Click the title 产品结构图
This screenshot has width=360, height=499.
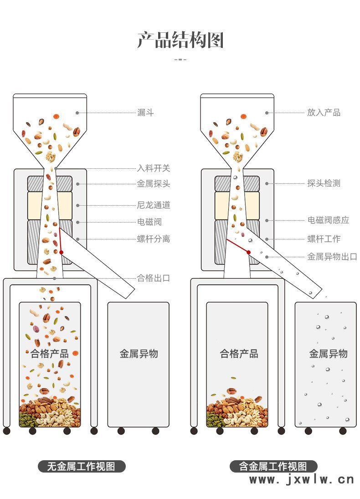tap(180, 40)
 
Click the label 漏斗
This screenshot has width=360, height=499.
tap(145, 113)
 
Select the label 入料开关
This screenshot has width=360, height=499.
tap(154, 168)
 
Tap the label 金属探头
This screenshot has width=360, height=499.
tap(154, 184)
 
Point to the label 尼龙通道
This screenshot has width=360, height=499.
tap(154, 205)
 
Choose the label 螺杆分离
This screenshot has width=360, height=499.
tap(154, 239)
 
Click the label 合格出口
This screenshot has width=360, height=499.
tap(154, 278)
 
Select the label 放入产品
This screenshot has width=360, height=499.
tap(324, 113)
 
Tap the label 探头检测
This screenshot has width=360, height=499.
tap(324, 183)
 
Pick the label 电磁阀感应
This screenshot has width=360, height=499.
tap(328, 220)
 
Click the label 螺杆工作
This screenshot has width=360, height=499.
tap(324, 239)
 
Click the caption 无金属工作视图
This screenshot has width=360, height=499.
tap(82, 467)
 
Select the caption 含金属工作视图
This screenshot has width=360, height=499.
tap(273, 467)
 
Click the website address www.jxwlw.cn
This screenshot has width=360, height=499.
tap(301, 479)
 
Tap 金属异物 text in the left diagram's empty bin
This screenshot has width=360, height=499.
tap(139, 353)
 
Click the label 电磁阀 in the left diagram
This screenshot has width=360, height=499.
tap(149, 222)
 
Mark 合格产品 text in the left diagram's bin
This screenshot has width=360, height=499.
tap(50, 353)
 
